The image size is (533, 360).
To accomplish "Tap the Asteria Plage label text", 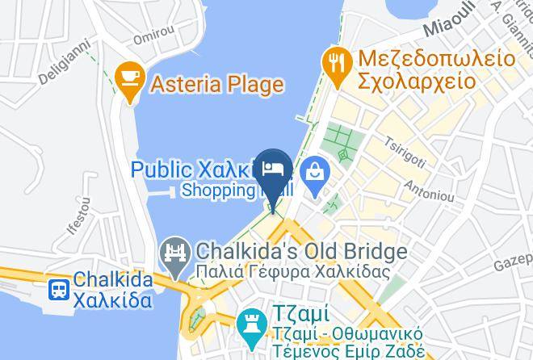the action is [215, 84].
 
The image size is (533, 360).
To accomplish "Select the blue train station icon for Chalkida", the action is [58, 290].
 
